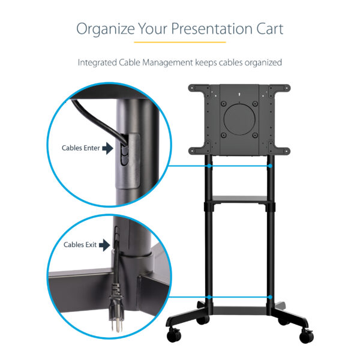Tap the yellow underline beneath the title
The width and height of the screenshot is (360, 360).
[x=179, y=42]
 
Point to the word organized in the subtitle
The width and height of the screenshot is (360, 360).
[x=262, y=62]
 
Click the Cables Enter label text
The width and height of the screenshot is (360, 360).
[x=81, y=148]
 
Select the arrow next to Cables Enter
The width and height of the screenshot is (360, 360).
[x=107, y=148]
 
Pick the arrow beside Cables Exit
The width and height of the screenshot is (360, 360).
[x=106, y=244]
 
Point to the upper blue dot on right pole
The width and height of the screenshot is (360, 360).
[x=271, y=165]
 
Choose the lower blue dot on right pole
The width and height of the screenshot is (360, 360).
[x=271, y=297]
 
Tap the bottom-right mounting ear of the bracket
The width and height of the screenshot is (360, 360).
[x=283, y=150]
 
